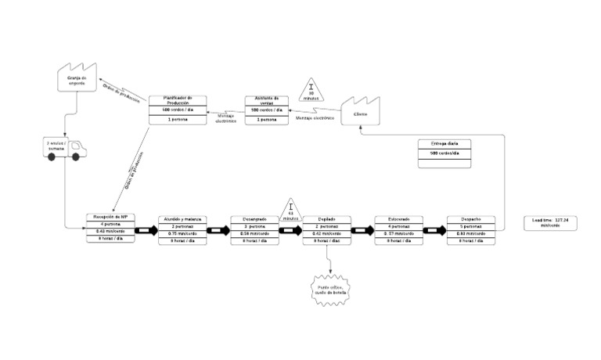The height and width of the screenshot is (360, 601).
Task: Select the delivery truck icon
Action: [x=65, y=149]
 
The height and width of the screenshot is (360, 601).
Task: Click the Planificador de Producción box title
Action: [x=177, y=100]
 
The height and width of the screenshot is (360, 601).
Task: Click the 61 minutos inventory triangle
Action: [x=290, y=209]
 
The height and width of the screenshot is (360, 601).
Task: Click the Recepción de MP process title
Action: [x=110, y=217]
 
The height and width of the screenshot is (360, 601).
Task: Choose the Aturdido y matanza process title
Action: [x=182, y=218]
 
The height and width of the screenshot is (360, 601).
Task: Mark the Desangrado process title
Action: [x=254, y=218]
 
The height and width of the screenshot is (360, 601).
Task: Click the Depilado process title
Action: [x=326, y=218]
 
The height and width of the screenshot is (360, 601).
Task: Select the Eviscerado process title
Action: [x=399, y=218]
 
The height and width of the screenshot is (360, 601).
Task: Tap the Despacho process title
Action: [x=471, y=218]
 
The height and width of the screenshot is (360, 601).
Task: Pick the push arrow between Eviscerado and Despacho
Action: [x=435, y=231]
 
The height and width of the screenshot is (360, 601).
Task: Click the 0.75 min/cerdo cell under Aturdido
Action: [x=182, y=233]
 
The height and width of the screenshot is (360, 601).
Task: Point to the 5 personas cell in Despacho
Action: [x=471, y=226]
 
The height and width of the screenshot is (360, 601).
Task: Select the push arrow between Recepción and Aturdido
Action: [x=146, y=231]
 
